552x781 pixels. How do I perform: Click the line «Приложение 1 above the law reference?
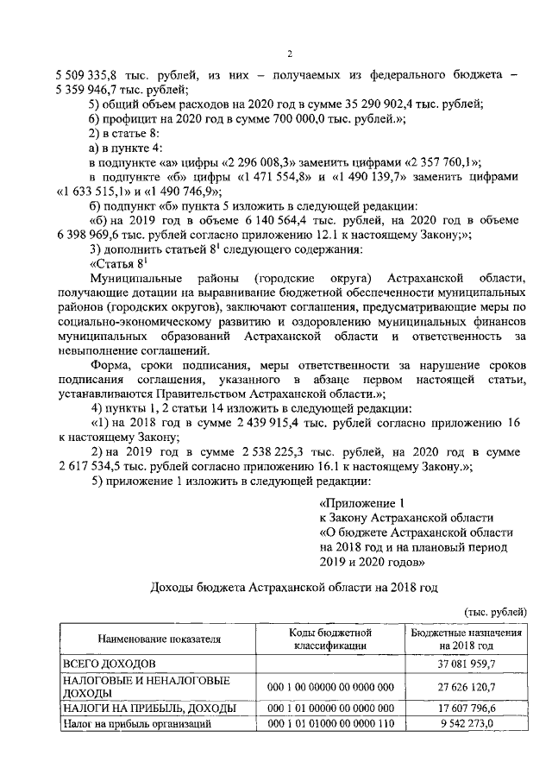[x=361, y=503]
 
